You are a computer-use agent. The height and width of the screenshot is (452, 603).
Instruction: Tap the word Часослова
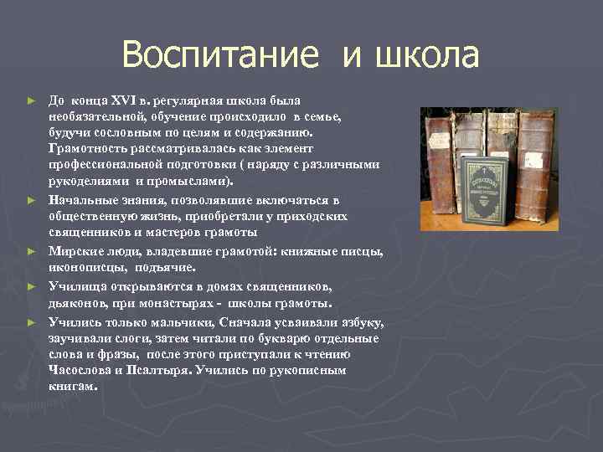[x=80, y=370]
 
